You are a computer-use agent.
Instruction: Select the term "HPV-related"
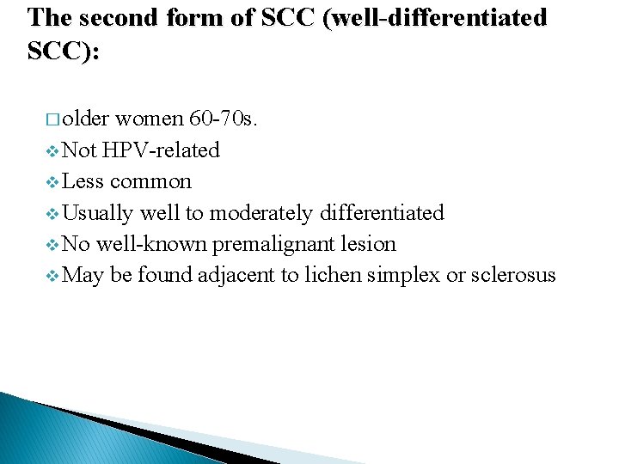coord(162,150)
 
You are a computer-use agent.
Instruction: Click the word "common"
coord(150,181)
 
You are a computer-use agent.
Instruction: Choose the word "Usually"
coord(98,212)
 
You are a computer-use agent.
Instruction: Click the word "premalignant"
coord(273,244)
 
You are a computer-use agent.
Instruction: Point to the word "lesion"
coord(367,244)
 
